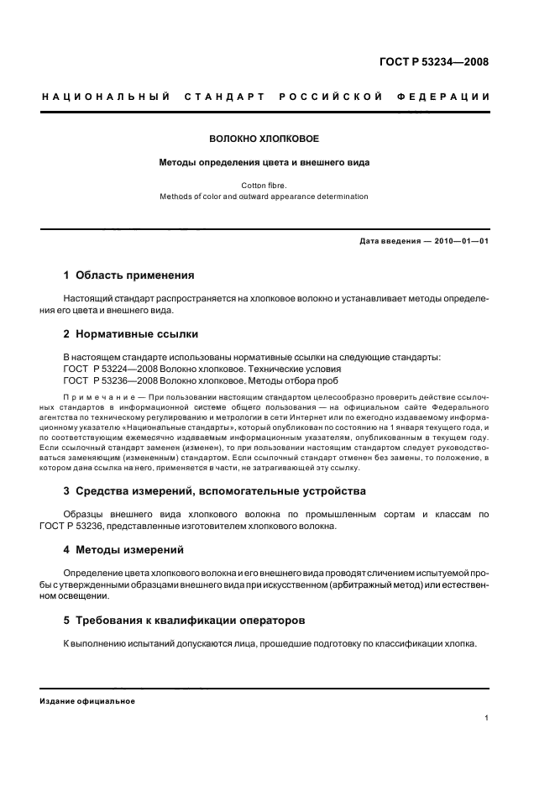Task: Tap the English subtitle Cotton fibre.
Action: click(x=264, y=184)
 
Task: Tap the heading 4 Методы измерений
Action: click(x=123, y=549)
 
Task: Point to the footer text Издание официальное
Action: click(x=87, y=701)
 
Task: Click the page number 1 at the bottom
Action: click(x=487, y=717)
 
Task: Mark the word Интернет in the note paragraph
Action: click(x=360, y=417)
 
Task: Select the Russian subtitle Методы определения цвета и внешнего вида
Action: click(x=264, y=162)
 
